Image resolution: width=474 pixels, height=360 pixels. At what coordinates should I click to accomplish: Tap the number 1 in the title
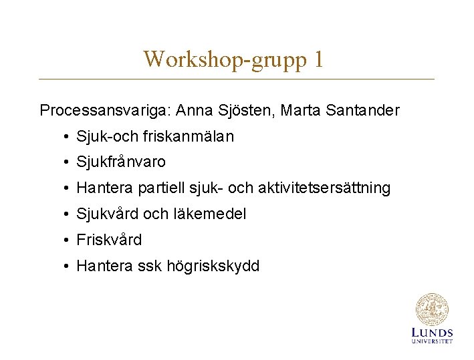pyautogui.click(x=318, y=59)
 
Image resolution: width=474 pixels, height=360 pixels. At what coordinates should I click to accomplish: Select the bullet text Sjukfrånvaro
pyautogui.click(x=121, y=162)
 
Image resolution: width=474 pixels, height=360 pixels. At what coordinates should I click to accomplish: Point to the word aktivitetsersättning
pyautogui.click(x=332, y=188)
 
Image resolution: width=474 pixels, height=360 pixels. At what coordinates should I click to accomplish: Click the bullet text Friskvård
pyautogui.click(x=109, y=240)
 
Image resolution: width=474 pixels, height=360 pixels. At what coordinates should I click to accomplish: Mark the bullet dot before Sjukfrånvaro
pyautogui.click(x=68, y=162)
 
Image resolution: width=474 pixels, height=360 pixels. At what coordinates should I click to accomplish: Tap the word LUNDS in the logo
pyautogui.click(x=432, y=333)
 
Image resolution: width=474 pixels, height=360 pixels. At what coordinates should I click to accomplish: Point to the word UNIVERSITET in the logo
pyautogui.click(x=432, y=341)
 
